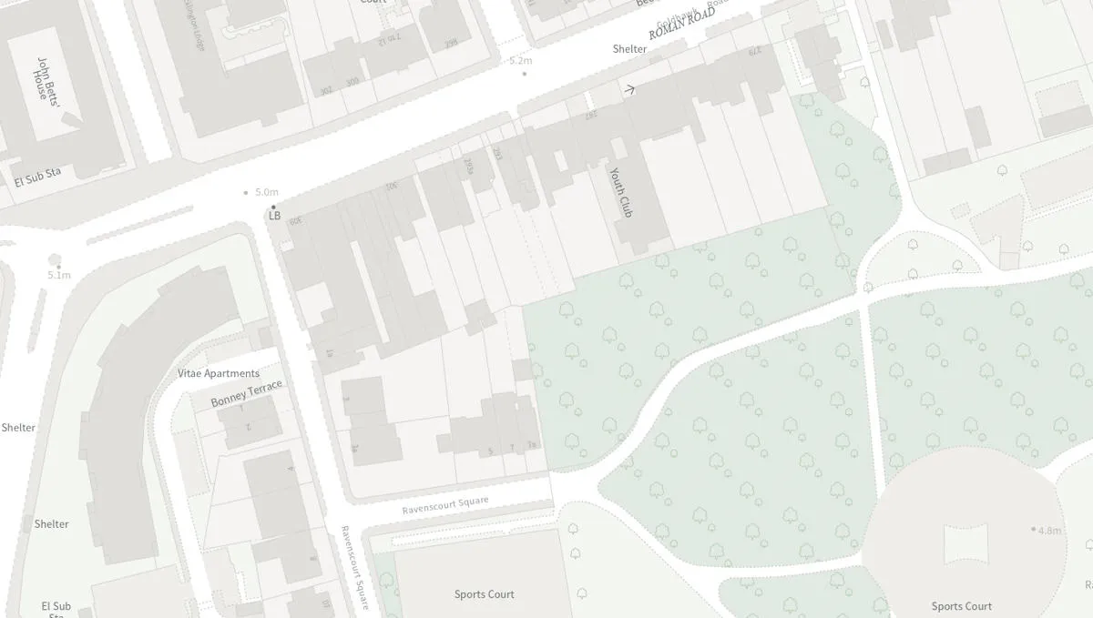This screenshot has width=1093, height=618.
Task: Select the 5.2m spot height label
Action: click(x=521, y=60)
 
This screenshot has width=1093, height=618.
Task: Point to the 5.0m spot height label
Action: click(x=267, y=192)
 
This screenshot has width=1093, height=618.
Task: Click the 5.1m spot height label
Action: click(x=59, y=275)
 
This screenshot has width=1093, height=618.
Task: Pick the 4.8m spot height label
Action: click(x=1050, y=530)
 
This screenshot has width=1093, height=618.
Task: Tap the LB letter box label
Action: click(x=274, y=216)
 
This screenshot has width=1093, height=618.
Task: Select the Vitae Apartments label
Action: click(x=219, y=373)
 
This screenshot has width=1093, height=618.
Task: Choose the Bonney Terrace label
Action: click(x=247, y=393)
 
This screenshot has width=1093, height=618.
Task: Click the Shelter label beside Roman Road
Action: click(x=629, y=49)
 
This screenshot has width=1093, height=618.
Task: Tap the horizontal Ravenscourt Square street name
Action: click(x=445, y=505)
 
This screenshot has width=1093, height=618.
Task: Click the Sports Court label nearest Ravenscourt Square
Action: click(x=485, y=594)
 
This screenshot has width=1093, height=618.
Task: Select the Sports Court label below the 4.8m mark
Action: click(x=961, y=606)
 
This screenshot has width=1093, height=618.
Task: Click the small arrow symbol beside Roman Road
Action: click(x=628, y=89)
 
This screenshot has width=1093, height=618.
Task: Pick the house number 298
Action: click(x=450, y=43)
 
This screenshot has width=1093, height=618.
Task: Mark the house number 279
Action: click(x=754, y=50)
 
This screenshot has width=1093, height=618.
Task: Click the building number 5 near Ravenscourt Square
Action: click(x=490, y=451)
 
